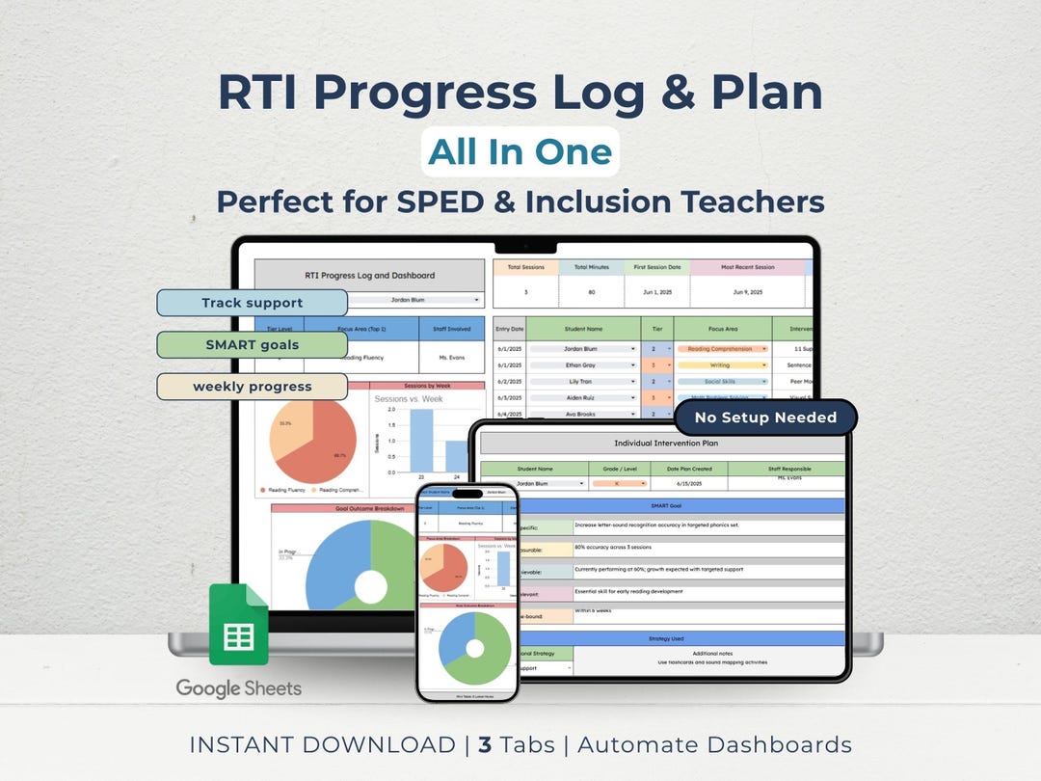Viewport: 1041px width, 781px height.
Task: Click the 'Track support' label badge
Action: (252, 303)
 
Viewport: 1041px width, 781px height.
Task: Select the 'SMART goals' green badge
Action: (252, 345)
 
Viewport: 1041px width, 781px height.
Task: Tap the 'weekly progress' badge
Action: (252, 387)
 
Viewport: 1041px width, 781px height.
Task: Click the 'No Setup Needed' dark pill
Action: (765, 417)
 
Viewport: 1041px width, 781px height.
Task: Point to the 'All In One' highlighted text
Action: (520, 151)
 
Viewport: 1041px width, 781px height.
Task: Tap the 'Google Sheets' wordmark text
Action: (238, 688)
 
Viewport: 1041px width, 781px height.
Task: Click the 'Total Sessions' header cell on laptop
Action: (526, 267)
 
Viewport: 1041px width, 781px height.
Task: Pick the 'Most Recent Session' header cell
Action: (746, 267)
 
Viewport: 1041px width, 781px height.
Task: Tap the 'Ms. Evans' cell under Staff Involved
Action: (451, 358)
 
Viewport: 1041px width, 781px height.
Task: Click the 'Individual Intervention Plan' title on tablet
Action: (665, 444)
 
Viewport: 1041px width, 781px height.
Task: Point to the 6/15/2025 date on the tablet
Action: (687, 483)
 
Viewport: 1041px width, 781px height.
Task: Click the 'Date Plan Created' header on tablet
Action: (687, 470)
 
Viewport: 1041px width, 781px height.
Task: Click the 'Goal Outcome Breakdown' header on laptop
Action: (368, 508)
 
